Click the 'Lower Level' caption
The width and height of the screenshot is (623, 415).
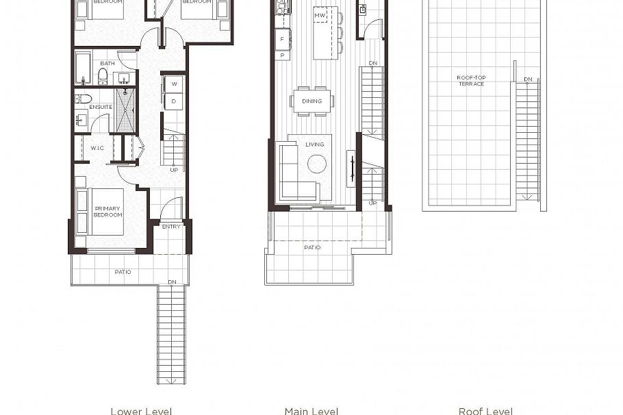pyautogui.click(x=141, y=410)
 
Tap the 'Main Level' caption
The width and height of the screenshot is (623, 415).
pyautogui.click(x=311, y=410)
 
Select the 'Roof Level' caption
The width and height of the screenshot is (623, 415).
pyautogui.click(x=485, y=410)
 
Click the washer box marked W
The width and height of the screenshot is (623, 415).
pyautogui.click(x=174, y=84)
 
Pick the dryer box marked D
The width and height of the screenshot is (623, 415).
pyautogui.click(x=174, y=101)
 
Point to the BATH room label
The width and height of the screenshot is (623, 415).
pyautogui.click(x=107, y=63)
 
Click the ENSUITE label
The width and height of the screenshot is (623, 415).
pyautogui.click(x=101, y=107)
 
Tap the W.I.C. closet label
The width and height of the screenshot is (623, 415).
pyautogui.click(x=98, y=147)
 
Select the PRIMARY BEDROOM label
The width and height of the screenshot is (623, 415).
pyautogui.click(x=107, y=212)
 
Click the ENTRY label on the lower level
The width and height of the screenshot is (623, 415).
pyautogui.click(x=170, y=227)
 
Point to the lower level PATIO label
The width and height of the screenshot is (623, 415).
pyautogui.click(x=123, y=272)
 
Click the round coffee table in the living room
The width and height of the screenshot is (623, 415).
pyautogui.click(x=317, y=164)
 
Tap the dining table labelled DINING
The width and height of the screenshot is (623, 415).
pyautogui.click(x=311, y=101)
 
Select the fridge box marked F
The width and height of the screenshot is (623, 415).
pyautogui.click(x=281, y=39)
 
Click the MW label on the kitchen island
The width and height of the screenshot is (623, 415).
pyautogui.click(x=319, y=15)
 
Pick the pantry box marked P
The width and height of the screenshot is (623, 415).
pyautogui.click(x=281, y=54)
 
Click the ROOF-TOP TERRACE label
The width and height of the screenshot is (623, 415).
pyautogui.click(x=470, y=81)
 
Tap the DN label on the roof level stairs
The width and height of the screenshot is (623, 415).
pyautogui.click(x=528, y=79)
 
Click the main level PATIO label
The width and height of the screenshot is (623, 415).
pyautogui.click(x=312, y=247)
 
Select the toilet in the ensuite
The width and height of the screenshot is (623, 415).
pyautogui.click(x=79, y=99)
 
